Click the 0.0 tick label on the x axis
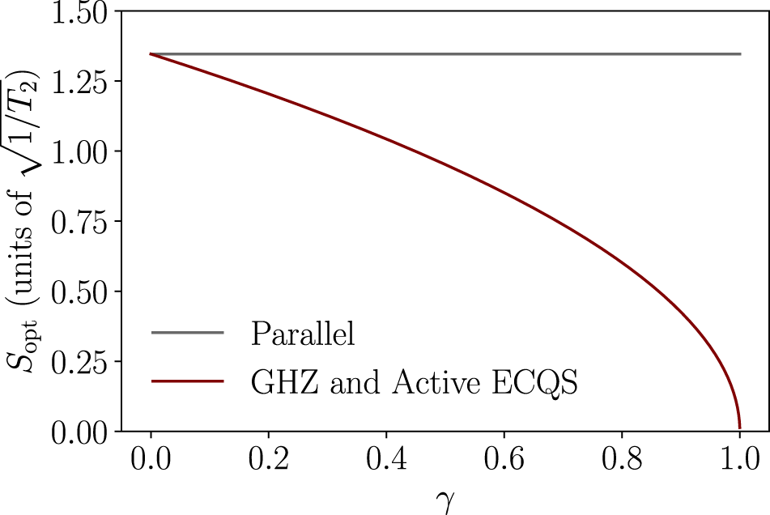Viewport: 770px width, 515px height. (151, 461)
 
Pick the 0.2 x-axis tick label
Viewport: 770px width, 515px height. (269, 461)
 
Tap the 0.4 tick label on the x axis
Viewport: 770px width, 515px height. (386, 461)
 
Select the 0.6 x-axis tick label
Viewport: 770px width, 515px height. (504, 461)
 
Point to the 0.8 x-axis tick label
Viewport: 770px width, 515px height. (622, 461)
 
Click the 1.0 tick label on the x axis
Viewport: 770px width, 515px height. (739, 461)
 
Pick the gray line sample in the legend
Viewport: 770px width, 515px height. (187, 333)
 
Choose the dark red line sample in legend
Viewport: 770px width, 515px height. (187, 382)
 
